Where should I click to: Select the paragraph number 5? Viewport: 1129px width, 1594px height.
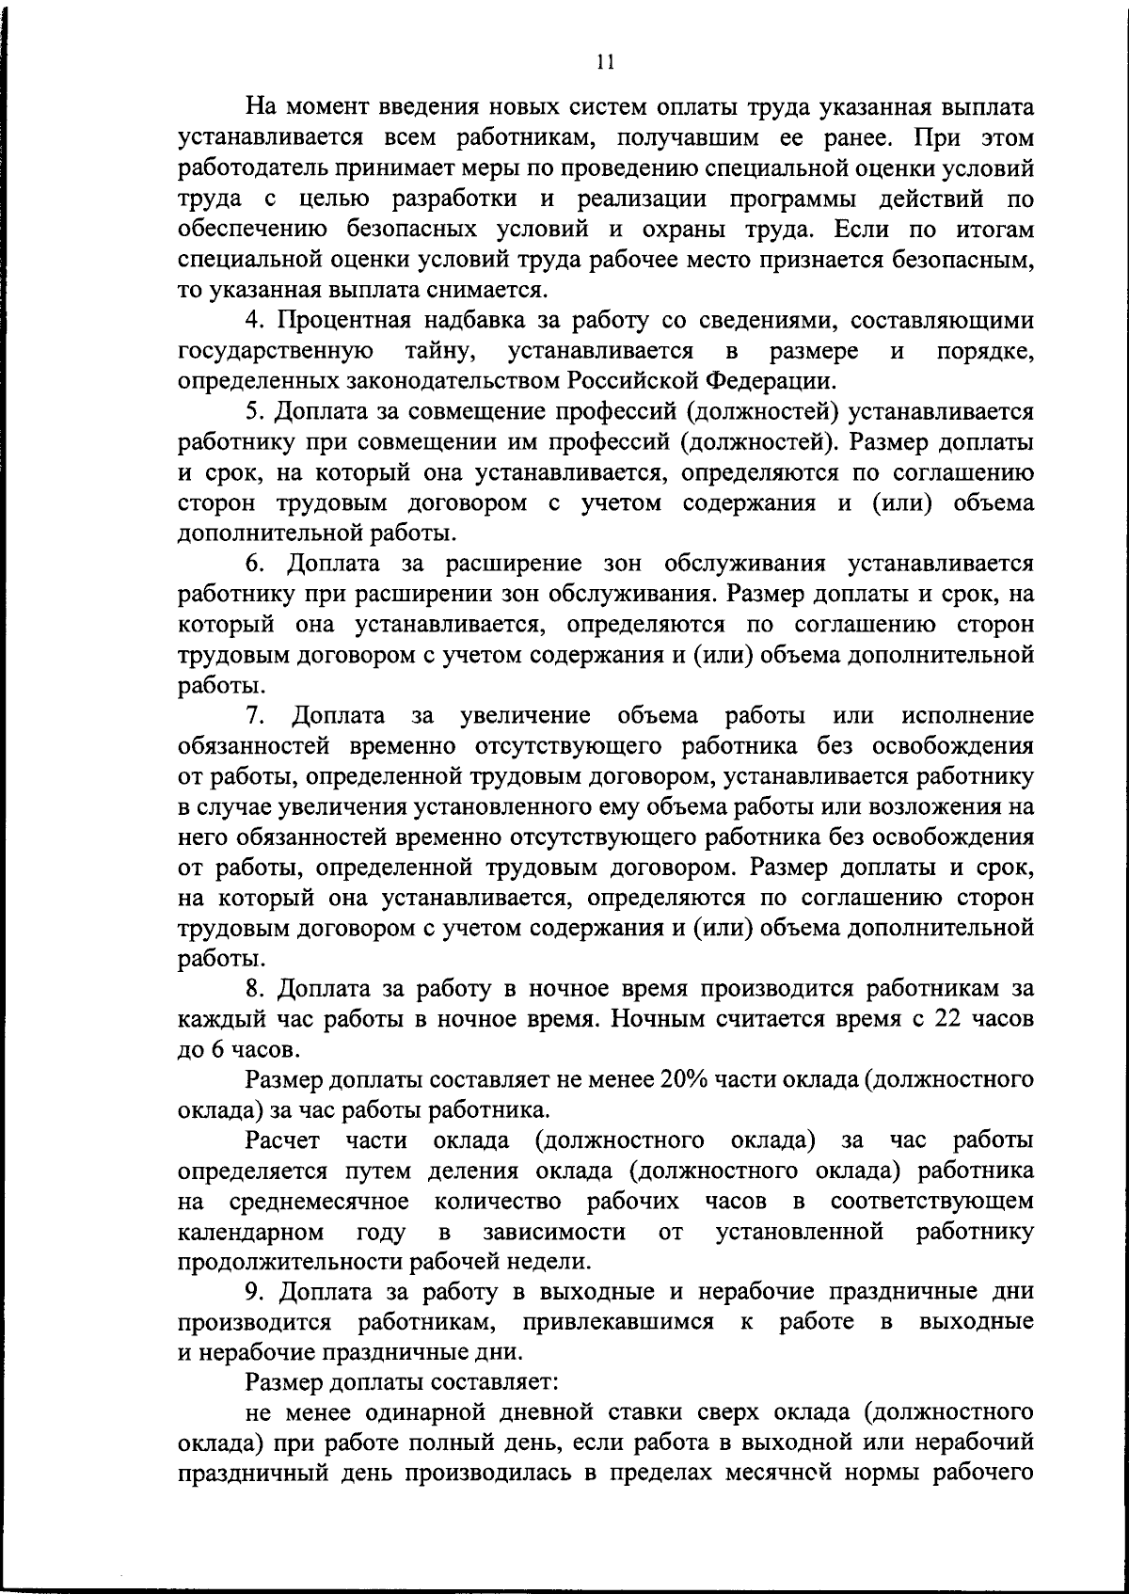[253, 412]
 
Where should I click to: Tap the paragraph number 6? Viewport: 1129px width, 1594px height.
[253, 564]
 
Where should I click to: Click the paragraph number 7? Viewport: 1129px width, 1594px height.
[253, 715]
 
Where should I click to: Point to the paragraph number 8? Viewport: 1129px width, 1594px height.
[253, 989]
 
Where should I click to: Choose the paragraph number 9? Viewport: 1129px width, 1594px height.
[253, 1291]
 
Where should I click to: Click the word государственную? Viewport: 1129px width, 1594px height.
[276, 351]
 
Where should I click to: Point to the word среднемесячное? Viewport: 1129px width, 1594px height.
[318, 1202]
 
